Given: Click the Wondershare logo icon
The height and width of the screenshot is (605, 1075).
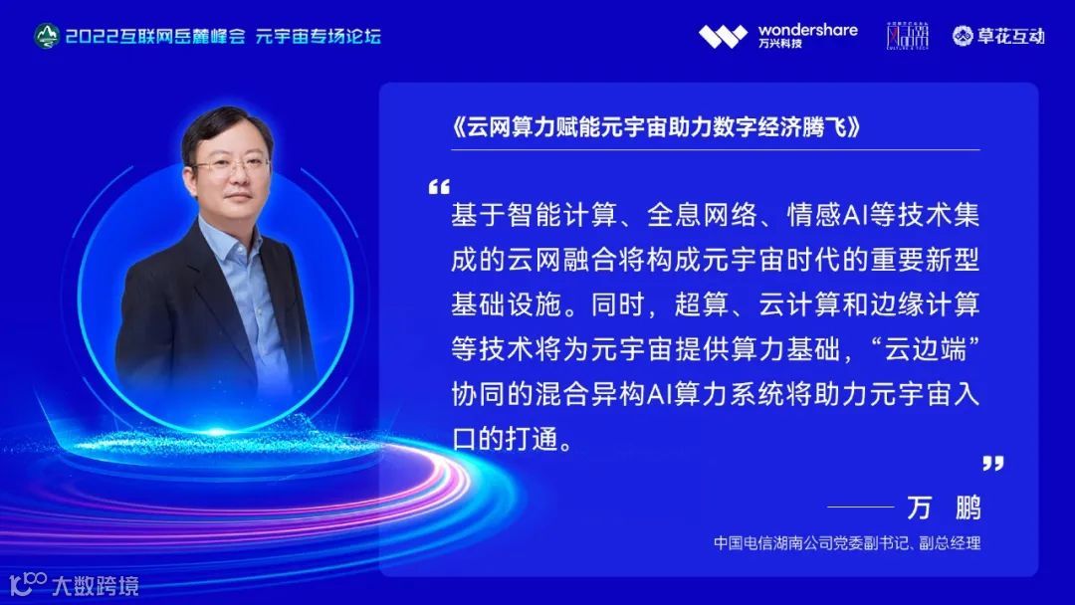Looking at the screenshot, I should (x=723, y=37).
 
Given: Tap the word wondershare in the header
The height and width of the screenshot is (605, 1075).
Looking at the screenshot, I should (x=807, y=29).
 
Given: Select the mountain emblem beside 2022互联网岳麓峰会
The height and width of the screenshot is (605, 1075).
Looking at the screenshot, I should (x=46, y=37).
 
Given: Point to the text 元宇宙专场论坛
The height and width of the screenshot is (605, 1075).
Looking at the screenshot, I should (x=319, y=37).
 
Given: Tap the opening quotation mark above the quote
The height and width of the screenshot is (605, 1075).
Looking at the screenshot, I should (x=438, y=187).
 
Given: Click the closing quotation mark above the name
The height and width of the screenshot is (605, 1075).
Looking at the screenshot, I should (x=992, y=463).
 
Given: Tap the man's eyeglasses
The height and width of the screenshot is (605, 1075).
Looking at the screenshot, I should (x=231, y=165).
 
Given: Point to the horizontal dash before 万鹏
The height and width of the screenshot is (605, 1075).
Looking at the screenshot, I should (x=860, y=507).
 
